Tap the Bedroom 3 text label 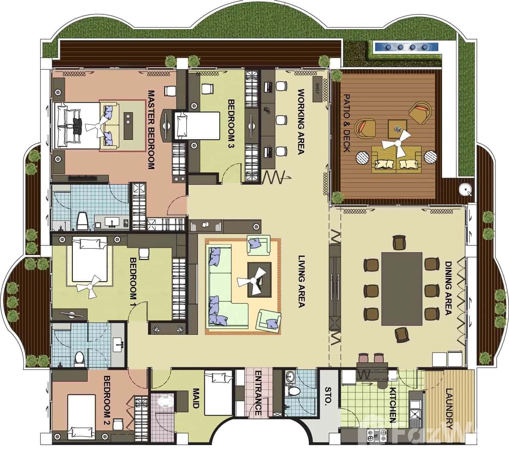(231, 124)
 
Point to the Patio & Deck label (347, 123)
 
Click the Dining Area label (448, 288)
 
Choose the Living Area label (301, 281)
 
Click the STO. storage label (328, 395)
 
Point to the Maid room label (196, 398)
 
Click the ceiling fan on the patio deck (396, 143)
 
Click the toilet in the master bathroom (82, 221)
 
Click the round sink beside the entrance (290, 376)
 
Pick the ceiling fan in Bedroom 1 (89, 287)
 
